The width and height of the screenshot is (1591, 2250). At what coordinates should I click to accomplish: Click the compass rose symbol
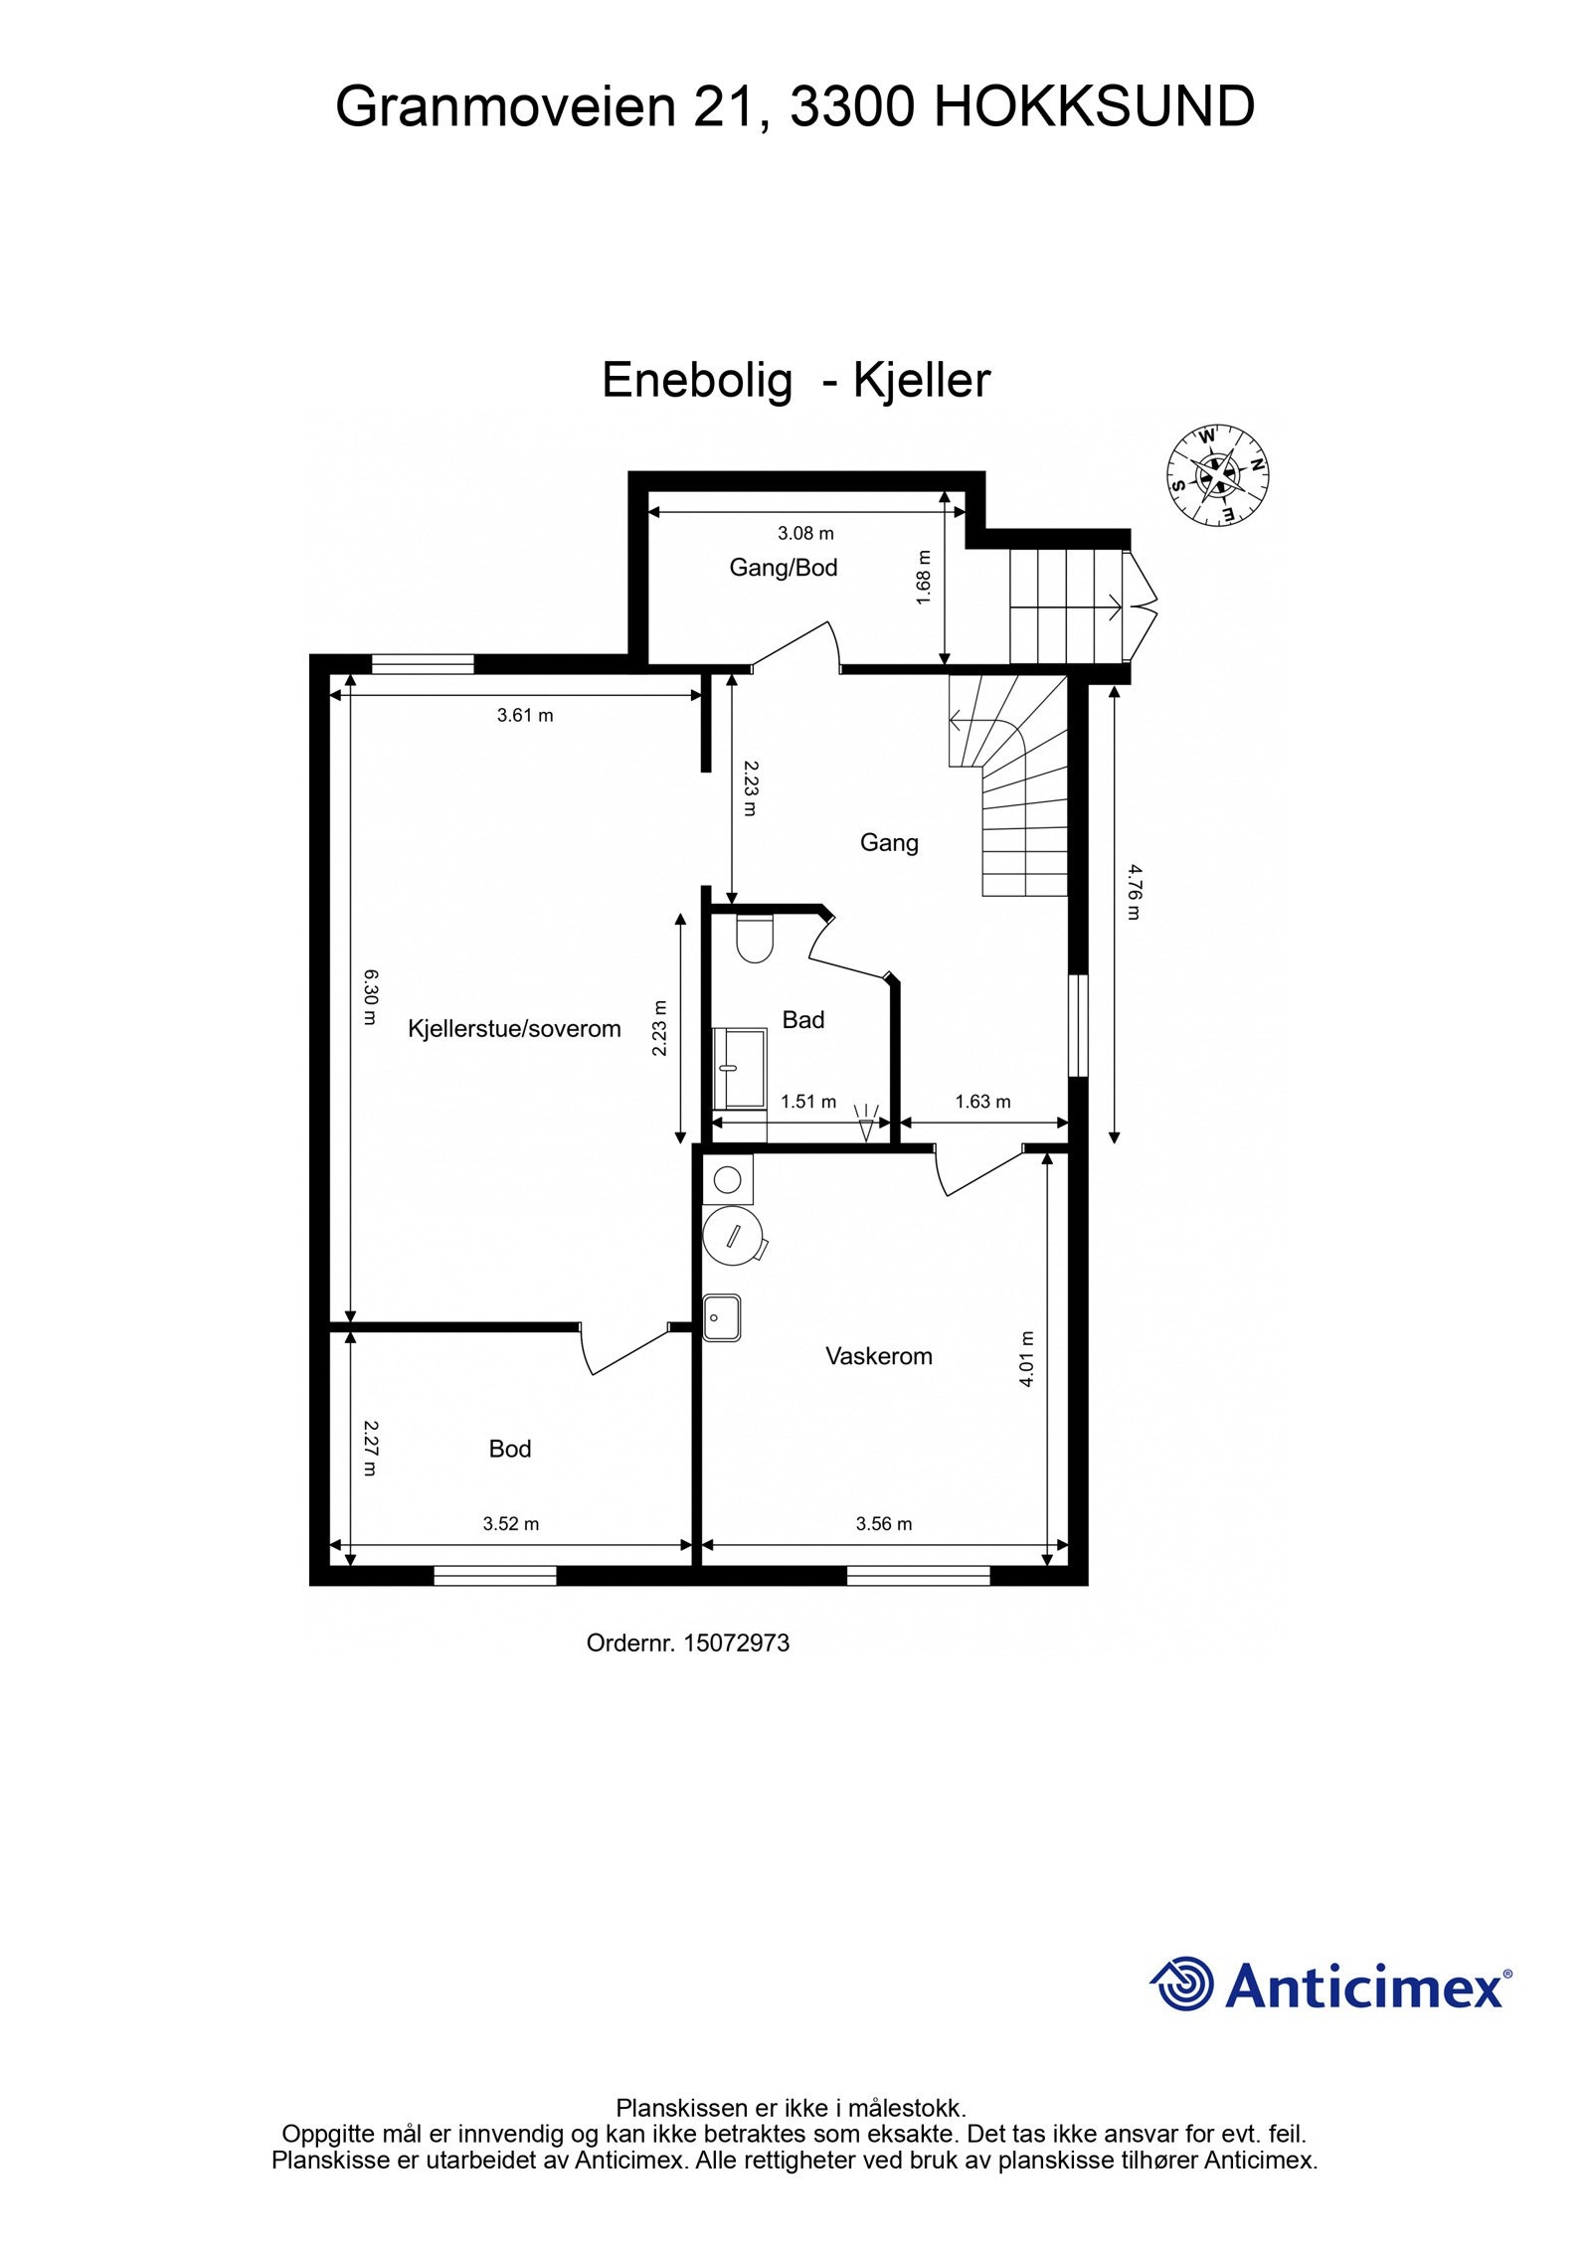coord(1217,475)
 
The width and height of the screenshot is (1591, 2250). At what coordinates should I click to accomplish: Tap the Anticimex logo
coord(1330,1986)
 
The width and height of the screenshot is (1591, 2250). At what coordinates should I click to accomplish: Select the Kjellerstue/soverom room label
coord(514,1029)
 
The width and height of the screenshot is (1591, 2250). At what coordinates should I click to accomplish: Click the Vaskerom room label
coord(879,1356)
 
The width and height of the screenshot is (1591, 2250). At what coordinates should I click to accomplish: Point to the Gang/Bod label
coord(784,568)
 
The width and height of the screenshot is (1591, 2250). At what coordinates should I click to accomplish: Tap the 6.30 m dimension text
coord(370,997)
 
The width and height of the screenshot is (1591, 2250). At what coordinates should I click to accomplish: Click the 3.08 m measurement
coord(805,534)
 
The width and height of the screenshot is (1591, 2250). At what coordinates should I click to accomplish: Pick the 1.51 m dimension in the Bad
coord(808,1102)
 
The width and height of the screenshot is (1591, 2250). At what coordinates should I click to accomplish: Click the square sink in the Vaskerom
coord(722,1317)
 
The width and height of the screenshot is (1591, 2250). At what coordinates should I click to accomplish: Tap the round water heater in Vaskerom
coord(733,1237)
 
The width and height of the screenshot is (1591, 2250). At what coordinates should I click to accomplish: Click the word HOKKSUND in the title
coord(1094,106)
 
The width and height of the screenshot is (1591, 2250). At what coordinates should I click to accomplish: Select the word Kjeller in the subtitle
coord(922,380)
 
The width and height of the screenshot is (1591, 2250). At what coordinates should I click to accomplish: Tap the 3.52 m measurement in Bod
coord(511,1523)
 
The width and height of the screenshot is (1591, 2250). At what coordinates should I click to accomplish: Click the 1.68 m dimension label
coord(924,578)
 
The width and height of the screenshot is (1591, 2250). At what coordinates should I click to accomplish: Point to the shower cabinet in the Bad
coord(740,1069)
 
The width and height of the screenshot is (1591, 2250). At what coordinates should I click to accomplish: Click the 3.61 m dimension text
coord(525,715)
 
